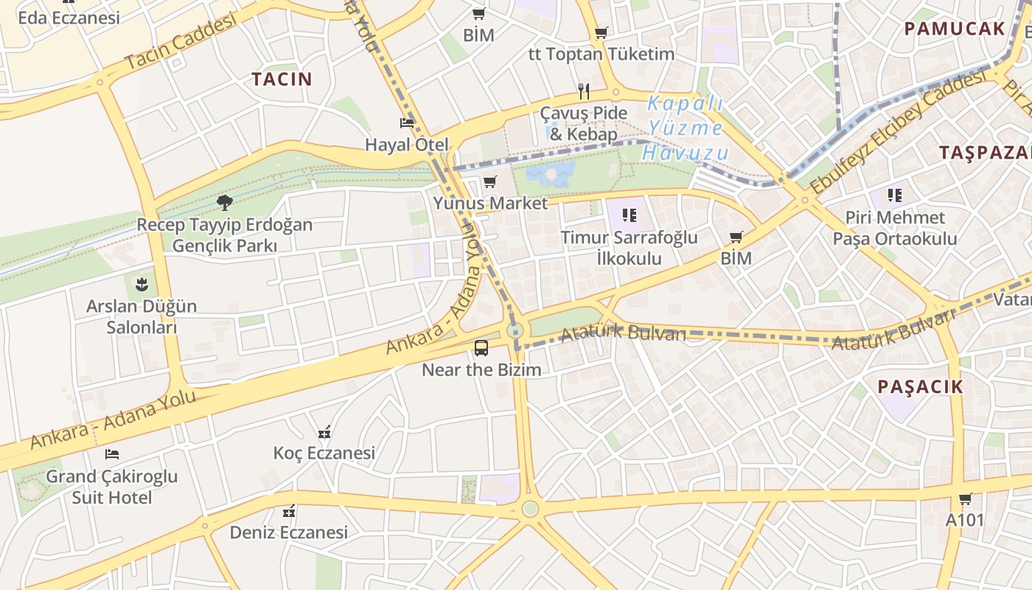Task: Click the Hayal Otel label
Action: (407, 145)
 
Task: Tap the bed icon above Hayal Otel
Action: (407, 122)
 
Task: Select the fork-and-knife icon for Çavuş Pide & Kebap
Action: (584, 91)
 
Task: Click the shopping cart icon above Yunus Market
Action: (490, 181)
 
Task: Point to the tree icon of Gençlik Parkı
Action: (225, 202)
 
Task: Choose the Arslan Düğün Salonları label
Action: (142, 316)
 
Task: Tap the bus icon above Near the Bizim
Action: (481, 347)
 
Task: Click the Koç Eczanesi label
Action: (324, 453)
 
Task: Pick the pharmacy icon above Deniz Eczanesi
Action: (289, 510)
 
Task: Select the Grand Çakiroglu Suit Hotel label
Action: (112, 487)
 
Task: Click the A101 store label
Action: (965, 520)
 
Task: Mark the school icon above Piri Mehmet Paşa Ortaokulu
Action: (895, 195)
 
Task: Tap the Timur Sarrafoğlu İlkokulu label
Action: (629, 248)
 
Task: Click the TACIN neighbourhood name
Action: (282, 79)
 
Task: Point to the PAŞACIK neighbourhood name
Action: (921, 386)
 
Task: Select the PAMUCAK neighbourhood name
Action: (955, 29)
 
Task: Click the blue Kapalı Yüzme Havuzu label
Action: (686, 128)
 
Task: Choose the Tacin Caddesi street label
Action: (181, 42)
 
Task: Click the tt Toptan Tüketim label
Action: (602, 54)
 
